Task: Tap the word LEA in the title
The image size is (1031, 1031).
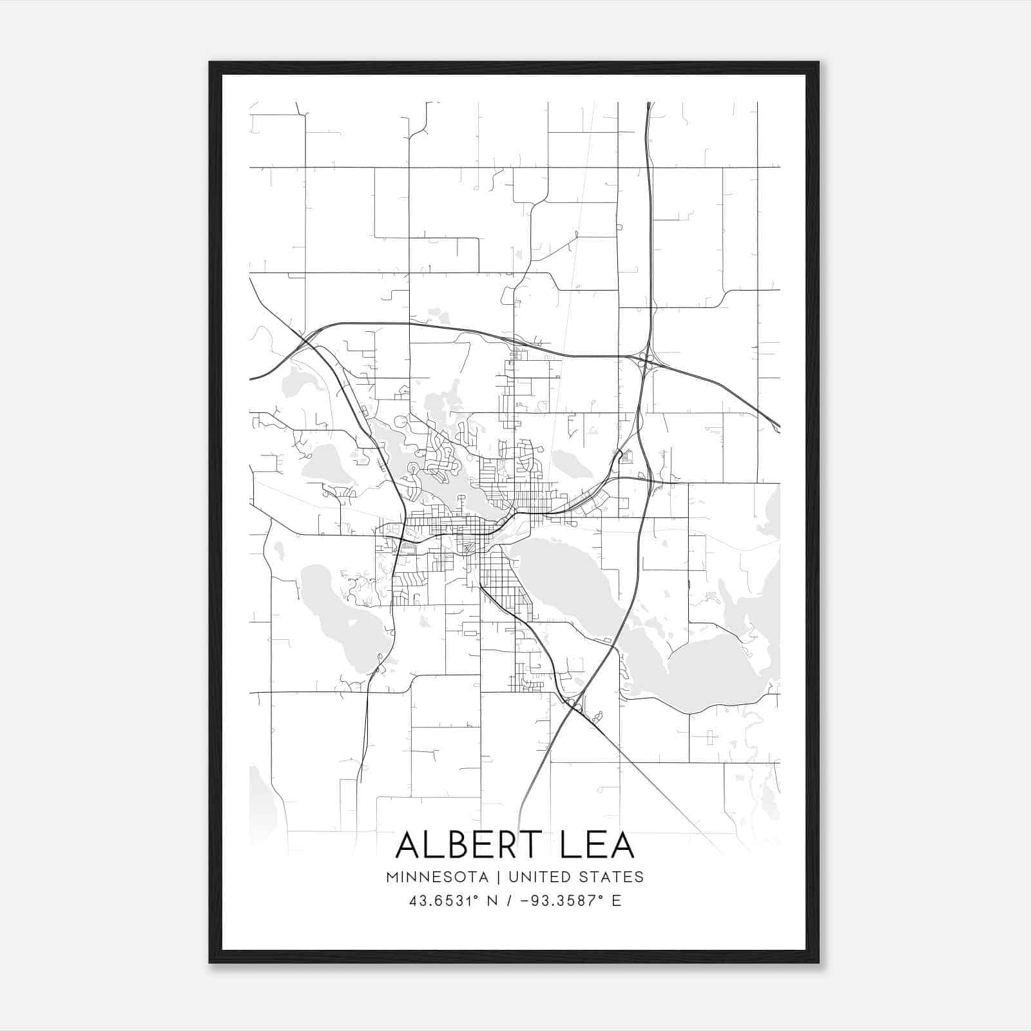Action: pos(597,845)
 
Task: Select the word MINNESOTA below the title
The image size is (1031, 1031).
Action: pos(437,876)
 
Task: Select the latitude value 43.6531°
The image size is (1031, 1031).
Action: pos(441,901)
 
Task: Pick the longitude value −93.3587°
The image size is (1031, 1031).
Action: pos(556,901)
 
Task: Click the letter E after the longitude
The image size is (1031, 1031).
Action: pos(617,901)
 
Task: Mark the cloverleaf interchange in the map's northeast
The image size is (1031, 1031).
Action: pos(646,361)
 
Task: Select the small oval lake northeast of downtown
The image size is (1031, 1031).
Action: pos(567,461)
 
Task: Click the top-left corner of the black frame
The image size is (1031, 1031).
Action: pos(210,63)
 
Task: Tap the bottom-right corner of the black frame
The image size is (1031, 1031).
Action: pos(818,962)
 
